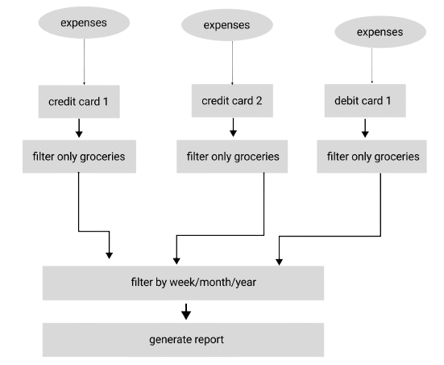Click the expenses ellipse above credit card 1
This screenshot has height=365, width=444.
[x=84, y=23]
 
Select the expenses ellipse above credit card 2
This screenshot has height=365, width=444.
[x=227, y=25]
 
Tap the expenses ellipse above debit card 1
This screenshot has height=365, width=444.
[x=380, y=31]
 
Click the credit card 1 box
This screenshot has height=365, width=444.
[x=79, y=102]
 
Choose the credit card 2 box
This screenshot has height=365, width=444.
[x=232, y=100]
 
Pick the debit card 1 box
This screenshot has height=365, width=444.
[x=365, y=100]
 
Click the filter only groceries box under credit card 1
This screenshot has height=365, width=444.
[x=79, y=157]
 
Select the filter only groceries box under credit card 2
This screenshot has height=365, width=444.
[x=232, y=157]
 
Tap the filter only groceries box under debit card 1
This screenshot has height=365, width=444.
[x=371, y=157]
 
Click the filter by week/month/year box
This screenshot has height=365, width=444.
[x=183, y=283]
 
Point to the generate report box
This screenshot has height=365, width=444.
[x=183, y=340]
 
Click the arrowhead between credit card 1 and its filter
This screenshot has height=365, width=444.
[x=79, y=134]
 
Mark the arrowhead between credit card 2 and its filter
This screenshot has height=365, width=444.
[x=233, y=133]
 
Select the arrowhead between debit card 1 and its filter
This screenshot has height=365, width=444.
[x=365, y=134]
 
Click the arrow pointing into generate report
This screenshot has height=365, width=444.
[x=186, y=312]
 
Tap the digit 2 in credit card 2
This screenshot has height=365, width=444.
[x=259, y=101]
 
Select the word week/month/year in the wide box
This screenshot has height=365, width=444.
[x=213, y=283]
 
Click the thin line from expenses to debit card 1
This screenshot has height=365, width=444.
[x=371, y=65]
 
